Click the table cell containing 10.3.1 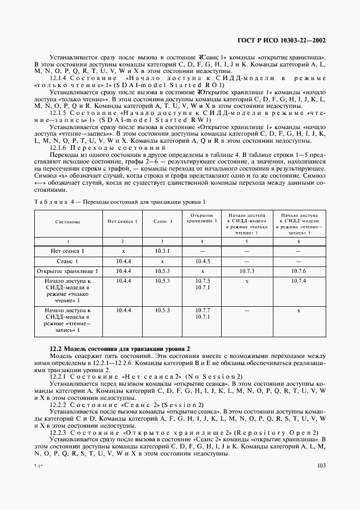point(162,251)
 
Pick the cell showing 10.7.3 point(247,271)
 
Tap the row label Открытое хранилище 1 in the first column point(68,271)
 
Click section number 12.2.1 point(58,377)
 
